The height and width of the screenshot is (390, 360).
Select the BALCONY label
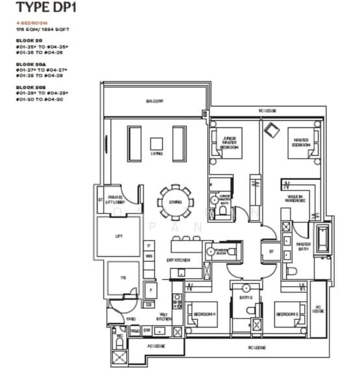coord(154,101)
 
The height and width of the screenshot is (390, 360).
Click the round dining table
coord(175,202)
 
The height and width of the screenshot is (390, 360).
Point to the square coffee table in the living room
coord(157,144)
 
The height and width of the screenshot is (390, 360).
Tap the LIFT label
coord(118,236)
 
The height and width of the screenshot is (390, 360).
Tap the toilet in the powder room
coord(211,250)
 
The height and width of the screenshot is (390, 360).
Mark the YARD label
coord(131,318)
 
